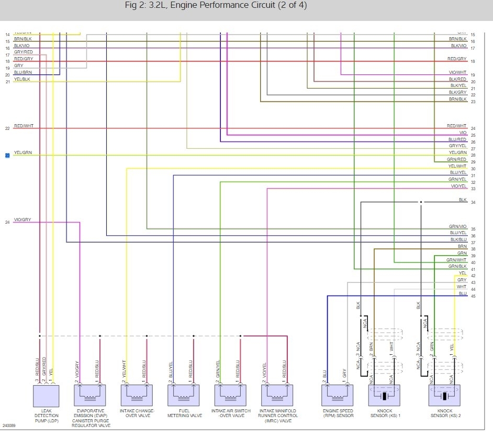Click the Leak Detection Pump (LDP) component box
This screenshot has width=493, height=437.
46,395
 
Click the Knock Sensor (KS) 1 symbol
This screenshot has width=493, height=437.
384,395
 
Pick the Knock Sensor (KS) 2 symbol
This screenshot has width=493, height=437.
444,395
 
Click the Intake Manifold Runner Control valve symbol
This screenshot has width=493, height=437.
278,395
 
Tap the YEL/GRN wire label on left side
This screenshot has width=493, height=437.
23,152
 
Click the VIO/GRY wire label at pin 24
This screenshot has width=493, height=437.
23,220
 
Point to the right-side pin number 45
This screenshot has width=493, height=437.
473,297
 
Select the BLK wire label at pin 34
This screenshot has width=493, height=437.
462,200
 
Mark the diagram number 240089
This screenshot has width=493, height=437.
9,425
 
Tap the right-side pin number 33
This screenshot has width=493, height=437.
473,189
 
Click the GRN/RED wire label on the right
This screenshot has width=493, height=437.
456,159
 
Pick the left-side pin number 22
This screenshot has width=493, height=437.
7,128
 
